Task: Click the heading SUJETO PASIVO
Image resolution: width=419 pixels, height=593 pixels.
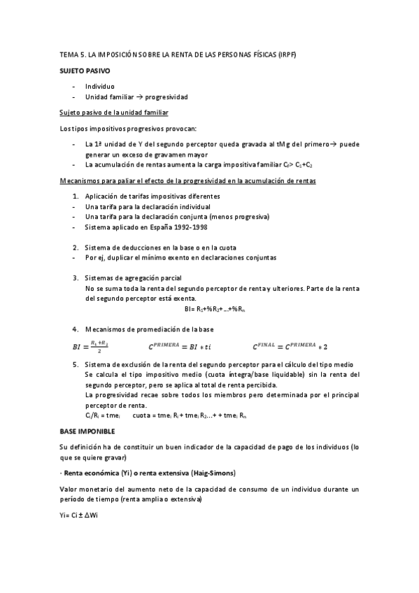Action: (84, 71)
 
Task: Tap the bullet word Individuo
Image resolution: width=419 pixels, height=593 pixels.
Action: (100, 86)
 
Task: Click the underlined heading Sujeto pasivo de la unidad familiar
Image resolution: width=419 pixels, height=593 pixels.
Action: (113, 113)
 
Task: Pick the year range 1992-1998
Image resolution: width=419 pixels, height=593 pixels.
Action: (192, 227)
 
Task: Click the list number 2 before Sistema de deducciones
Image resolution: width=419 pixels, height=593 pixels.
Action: (76, 248)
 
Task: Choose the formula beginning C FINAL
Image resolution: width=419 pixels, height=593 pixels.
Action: (290, 345)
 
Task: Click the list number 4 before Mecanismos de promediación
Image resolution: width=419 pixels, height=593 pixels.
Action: (76, 329)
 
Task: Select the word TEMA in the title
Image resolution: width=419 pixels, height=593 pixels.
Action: (69, 54)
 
